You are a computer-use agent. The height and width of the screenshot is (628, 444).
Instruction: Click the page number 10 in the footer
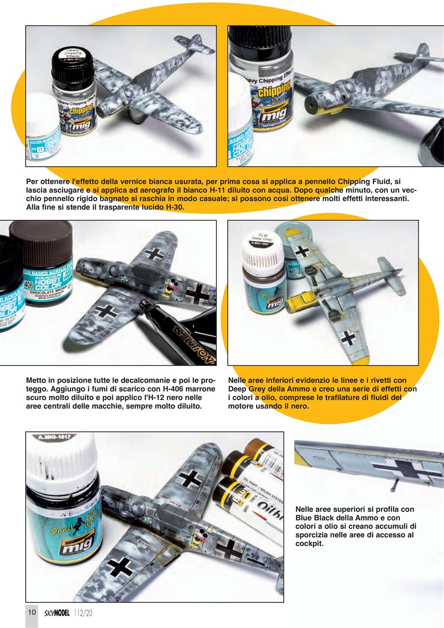31,612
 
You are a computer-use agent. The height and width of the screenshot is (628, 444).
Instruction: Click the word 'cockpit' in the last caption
310,544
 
